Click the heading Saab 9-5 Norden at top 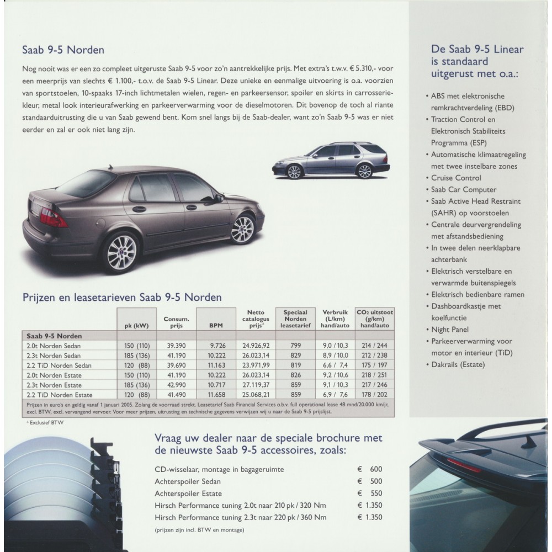pyautogui.click(x=63, y=50)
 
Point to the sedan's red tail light pyautogui.click(x=53, y=219)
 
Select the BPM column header pyautogui.click(x=216, y=326)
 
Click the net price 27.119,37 pyautogui.click(x=256, y=385)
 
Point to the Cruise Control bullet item pyautogui.click(x=456, y=178)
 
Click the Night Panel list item pyautogui.click(x=450, y=330)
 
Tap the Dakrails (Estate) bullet pyautogui.click(x=458, y=364)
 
